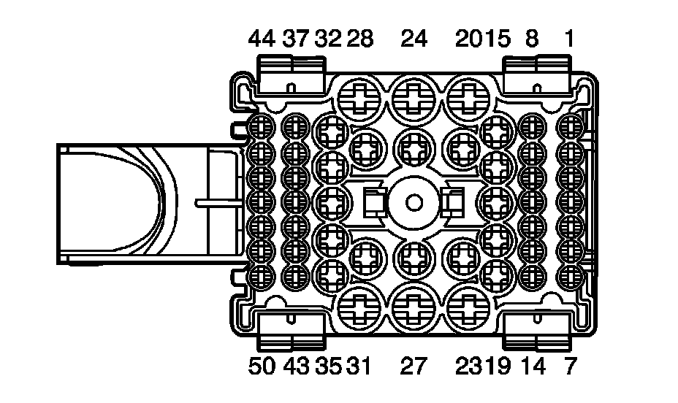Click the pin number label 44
(x=262, y=39)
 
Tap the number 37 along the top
(x=296, y=39)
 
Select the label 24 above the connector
(x=414, y=39)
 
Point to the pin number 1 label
(x=569, y=39)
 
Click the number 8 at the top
(x=532, y=39)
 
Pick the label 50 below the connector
(x=262, y=366)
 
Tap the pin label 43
(x=297, y=366)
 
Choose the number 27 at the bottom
(x=414, y=366)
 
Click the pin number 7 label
(x=571, y=366)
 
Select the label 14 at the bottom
(x=533, y=366)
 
